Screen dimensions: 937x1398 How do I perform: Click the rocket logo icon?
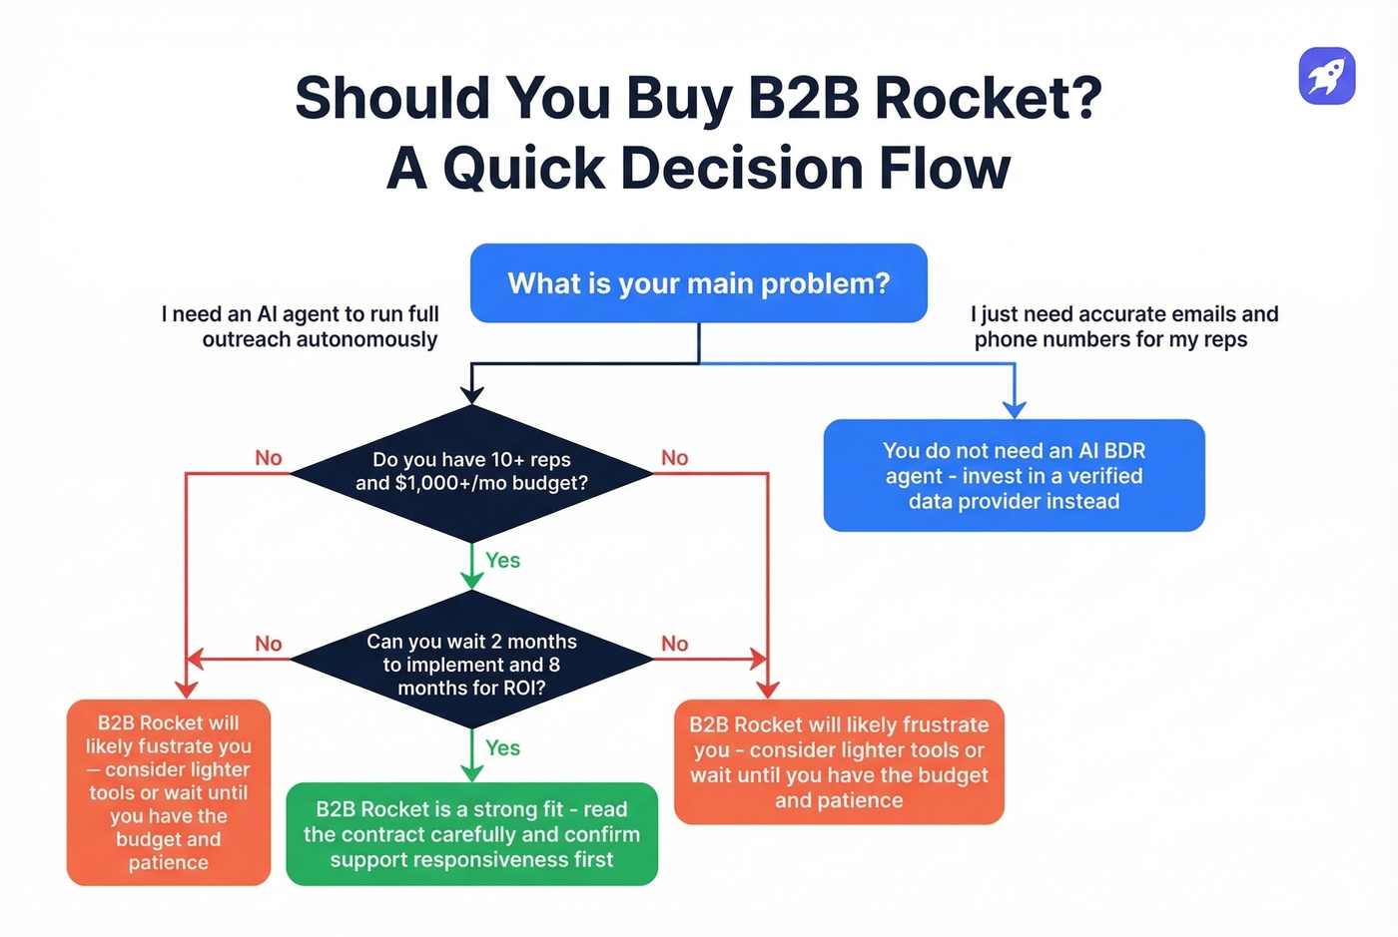1326,76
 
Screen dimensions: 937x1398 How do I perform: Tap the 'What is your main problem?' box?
698,283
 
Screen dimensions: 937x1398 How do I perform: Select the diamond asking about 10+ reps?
471,472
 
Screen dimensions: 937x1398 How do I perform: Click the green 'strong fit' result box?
471,834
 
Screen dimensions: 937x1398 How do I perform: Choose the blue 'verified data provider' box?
1014,476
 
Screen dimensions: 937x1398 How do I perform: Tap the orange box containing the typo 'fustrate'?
169,792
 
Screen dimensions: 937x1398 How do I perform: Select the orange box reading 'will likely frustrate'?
839,762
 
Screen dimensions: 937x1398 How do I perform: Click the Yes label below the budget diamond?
502,561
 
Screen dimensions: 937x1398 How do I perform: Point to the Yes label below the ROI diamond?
502,748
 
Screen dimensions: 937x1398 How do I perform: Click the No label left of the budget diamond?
268,458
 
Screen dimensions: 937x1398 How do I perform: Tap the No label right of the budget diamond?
674,458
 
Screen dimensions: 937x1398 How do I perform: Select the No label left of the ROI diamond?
268,644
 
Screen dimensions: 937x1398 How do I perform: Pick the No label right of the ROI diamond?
674,644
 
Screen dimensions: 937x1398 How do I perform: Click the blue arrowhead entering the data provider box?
1015,409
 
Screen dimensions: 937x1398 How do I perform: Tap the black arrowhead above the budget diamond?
471,395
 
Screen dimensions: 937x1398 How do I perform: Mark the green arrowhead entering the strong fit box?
471,772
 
